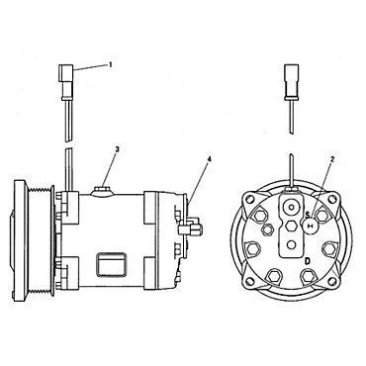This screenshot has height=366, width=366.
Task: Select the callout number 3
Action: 118,149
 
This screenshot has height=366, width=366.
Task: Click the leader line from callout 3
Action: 110,166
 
